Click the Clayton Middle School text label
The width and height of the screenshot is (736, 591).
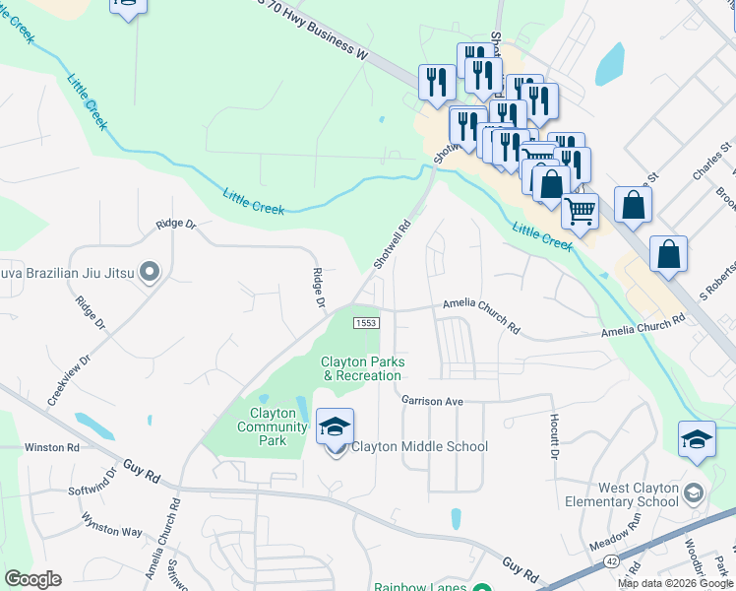(420, 446)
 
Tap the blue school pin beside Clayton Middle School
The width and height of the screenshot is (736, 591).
(336, 428)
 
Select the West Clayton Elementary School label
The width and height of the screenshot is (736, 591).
(636, 494)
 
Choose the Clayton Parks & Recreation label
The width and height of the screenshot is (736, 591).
(361, 368)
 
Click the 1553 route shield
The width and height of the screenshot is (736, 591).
(366, 323)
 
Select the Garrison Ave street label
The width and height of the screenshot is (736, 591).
(432, 401)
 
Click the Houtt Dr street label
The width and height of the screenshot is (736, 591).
(552, 437)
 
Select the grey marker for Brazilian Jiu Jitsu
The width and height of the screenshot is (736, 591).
(150, 270)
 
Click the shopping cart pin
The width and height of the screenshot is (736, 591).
(580, 209)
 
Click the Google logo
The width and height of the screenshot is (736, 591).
(32, 579)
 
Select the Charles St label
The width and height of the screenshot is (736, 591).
(712, 159)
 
